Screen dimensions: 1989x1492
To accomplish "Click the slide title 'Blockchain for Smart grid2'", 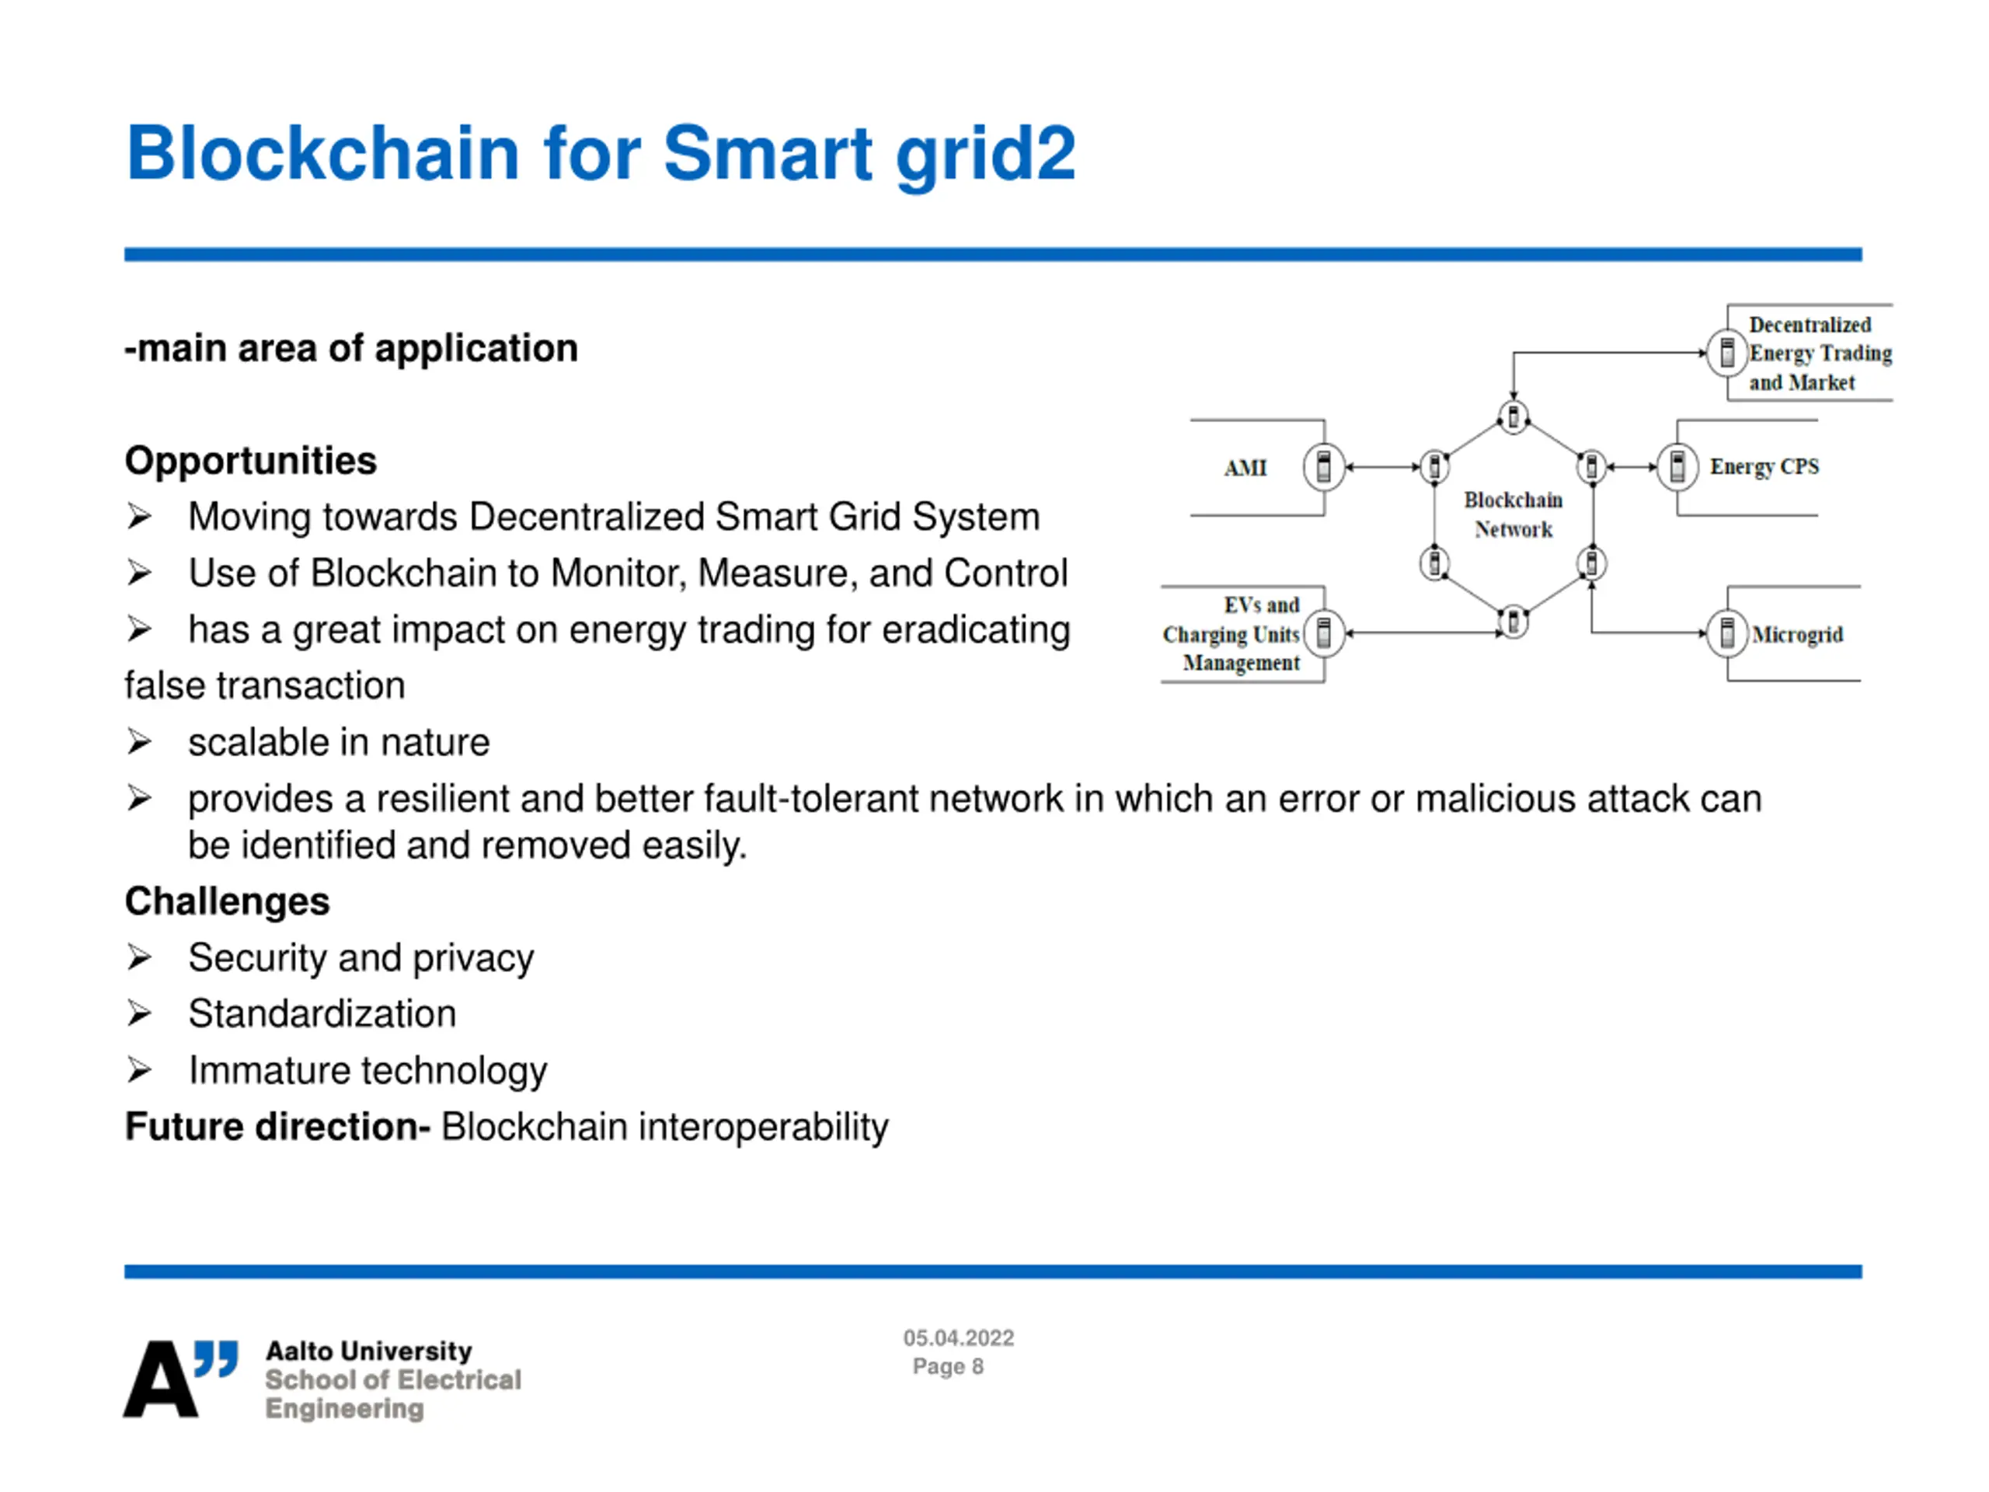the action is pyautogui.click(x=601, y=155).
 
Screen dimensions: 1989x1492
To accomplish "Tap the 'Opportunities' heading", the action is pyautogui.click(x=251, y=462).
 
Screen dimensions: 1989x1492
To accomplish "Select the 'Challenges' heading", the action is pyautogui.click(x=228, y=901).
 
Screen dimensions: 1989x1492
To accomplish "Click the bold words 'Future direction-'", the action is pyautogui.click(x=278, y=1127).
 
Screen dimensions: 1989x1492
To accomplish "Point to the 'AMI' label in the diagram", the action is pyautogui.click(x=1245, y=468).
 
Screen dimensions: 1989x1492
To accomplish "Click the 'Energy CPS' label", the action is pyautogui.click(x=1764, y=467).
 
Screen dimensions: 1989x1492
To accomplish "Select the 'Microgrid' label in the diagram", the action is pyautogui.click(x=1797, y=635).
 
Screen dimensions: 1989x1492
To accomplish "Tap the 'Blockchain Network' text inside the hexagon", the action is pyautogui.click(x=1514, y=514).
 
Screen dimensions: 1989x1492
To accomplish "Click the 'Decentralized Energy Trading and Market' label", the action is pyautogui.click(x=1820, y=354).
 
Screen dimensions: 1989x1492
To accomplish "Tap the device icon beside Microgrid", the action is pyautogui.click(x=1727, y=633).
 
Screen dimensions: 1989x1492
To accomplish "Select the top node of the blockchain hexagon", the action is pyautogui.click(x=1514, y=417).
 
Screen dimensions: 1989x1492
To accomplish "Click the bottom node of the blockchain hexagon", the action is pyautogui.click(x=1514, y=622).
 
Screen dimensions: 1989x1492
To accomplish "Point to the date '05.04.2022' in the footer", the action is pyautogui.click(x=959, y=1338).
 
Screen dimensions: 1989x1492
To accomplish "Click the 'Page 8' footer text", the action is pyautogui.click(x=949, y=1367).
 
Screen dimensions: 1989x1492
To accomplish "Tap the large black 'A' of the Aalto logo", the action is pyautogui.click(x=160, y=1379).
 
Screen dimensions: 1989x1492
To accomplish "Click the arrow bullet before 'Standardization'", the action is pyautogui.click(x=138, y=1013).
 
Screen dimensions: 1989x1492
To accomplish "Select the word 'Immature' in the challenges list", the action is pyautogui.click(x=269, y=1070).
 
